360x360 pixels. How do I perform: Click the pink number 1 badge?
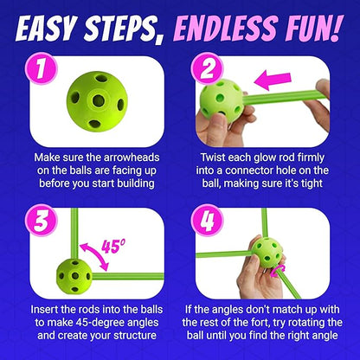point(42,68)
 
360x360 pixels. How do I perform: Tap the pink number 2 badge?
point(207,68)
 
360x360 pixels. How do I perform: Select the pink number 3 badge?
point(42,221)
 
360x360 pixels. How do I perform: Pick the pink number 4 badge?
point(207,221)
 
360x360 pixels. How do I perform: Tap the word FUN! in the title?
point(313,28)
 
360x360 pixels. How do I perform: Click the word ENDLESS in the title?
point(226,29)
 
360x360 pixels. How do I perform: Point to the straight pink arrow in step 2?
point(273,80)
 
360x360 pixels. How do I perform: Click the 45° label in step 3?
point(113,247)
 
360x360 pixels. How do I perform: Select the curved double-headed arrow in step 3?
point(95,255)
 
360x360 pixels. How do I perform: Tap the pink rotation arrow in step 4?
point(278,271)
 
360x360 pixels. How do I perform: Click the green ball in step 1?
point(97,101)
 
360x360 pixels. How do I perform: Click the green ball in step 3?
point(74,276)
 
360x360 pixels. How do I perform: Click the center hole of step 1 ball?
point(99,100)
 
